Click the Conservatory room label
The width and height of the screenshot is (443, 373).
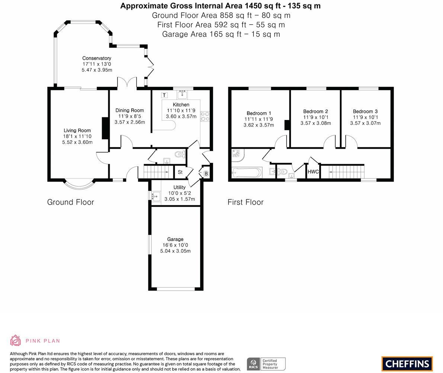[x=97, y=58]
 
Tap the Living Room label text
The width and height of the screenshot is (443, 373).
[x=77, y=130]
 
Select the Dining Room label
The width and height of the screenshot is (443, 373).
[x=129, y=110]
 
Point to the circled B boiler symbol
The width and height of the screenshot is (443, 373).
[x=206, y=174]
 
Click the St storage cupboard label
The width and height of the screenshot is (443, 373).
[x=180, y=172]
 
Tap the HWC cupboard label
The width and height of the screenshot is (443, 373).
[x=313, y=172]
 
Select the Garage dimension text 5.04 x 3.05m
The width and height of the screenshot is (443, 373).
[x=175, y=251]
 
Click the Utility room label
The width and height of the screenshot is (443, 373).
[x=179, y=187]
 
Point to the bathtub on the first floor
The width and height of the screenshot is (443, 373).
[x=247, y=173]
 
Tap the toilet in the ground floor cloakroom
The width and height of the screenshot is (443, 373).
[x=180, y=154]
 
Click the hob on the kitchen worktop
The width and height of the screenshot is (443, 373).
[x=205, y=116]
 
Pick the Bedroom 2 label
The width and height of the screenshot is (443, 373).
[x=315, y=111]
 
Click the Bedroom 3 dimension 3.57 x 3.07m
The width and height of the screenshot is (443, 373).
[x=365, y=123]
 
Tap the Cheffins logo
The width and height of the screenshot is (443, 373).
[x=407, y=364]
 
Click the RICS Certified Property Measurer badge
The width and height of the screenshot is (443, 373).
[x=266, y=364]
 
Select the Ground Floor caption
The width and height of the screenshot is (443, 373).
[x=71, y=202]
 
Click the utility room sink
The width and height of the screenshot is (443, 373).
[x=156, y=196]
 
